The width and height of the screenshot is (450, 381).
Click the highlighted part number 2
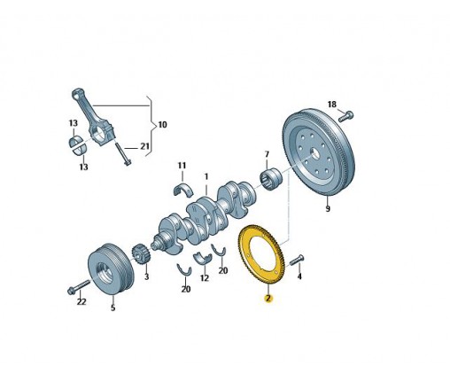coord(268,299)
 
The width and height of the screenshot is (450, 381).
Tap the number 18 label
coord(332,105)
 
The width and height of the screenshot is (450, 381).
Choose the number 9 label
coord(328,209)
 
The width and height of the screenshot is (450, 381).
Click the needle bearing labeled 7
coord(271,178)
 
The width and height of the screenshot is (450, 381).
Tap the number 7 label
coord(267,154)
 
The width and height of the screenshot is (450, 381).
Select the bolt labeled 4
coord(297,260)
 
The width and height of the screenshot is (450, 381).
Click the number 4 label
coord(299,276)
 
